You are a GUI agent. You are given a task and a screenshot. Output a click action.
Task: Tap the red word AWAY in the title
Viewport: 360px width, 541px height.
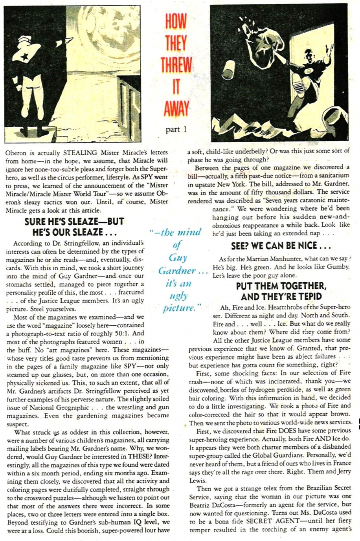tap(176, 108)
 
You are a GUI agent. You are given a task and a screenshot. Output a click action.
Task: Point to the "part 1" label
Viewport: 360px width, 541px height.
tap(176, 129)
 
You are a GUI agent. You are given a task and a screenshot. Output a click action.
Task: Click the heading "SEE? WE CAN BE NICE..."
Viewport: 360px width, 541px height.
tap(280, 246)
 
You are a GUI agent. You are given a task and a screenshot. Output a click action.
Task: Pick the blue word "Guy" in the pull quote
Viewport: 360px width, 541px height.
tap(178, 258)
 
